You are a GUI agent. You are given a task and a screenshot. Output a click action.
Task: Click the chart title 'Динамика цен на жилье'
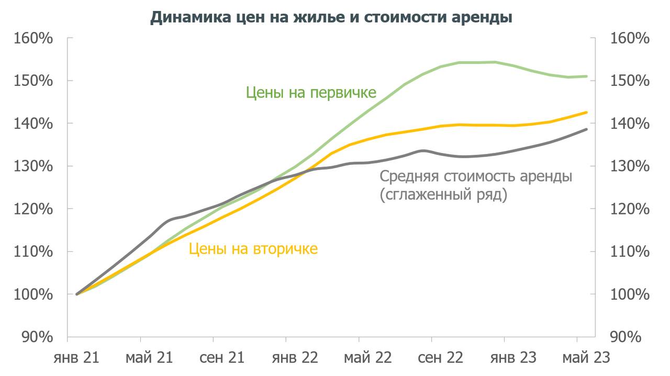point(331,17)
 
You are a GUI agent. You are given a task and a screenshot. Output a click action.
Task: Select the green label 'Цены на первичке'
point(311,93)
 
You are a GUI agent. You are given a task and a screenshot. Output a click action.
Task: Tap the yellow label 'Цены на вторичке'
point(253,248)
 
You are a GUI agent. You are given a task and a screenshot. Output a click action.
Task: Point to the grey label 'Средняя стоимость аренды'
point(476,176)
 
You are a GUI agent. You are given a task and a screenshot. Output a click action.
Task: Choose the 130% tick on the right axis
point(630,167)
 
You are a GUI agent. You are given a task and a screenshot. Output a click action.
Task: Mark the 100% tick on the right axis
point(630,294)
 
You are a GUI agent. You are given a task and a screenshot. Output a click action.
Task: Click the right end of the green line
point(587,76)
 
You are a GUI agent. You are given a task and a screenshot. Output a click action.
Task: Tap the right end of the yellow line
point(587,112)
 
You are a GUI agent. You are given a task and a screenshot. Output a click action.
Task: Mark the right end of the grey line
point(587,129)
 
